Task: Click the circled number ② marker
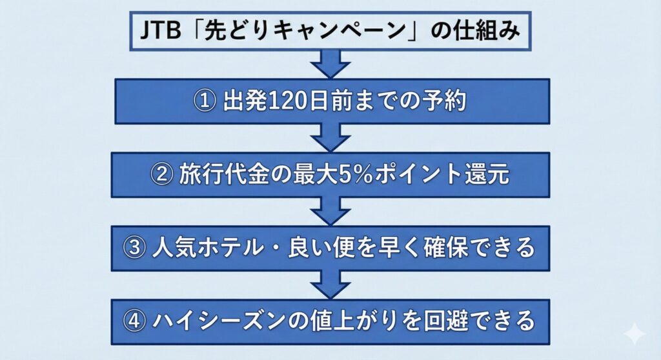point(159,175)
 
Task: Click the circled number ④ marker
point(136,321)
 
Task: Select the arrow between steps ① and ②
point(331,137)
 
